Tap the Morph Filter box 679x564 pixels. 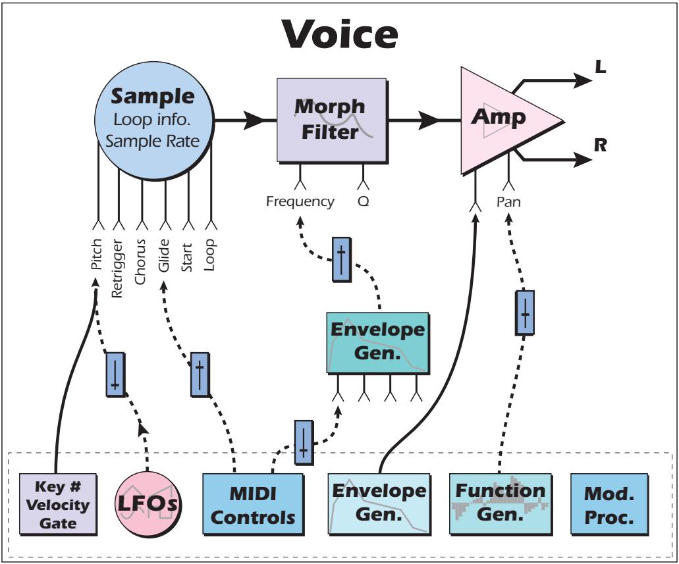coord(331,119)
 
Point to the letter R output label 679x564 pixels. coord(600,145)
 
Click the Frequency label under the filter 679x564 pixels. coord(300,201)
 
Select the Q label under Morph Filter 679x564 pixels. coord(364,201)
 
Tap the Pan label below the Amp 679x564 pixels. coord(508,202)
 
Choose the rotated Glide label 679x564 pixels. coord(165,254)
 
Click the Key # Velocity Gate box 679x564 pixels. coord(58,505)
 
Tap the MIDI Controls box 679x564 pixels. coord(253,505)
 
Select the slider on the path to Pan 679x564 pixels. coord(524,313)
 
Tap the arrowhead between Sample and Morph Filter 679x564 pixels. coord(254,120)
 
